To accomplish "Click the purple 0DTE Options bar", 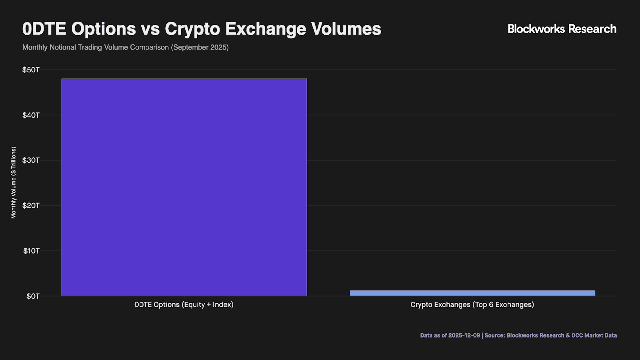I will click(x=184, y=187).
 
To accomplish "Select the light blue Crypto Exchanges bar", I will click(x=472, y=293).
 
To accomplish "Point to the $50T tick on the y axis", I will click(x=31, y=70).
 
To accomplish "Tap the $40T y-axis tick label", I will click(x=31, y=115).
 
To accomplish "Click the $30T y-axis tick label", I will click(x=31, y=160).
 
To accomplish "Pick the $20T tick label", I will click(x=31, y=206).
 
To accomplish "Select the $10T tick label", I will click(x=31, y=251).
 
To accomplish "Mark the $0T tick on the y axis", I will click(x=33, y=296).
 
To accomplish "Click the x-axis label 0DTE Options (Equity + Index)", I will click(x=184, y=305).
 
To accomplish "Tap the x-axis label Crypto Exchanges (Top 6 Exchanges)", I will click(x=472, y=305).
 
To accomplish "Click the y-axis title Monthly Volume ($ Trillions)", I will click(x=14, y=183).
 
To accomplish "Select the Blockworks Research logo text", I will click(x=562, y=29).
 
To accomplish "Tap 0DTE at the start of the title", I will click(x=44, y=29).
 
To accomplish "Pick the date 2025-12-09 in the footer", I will click(x=464, y=336).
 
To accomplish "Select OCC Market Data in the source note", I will click(x=594, y=336).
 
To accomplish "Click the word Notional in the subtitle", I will click(x=63, y=47).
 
